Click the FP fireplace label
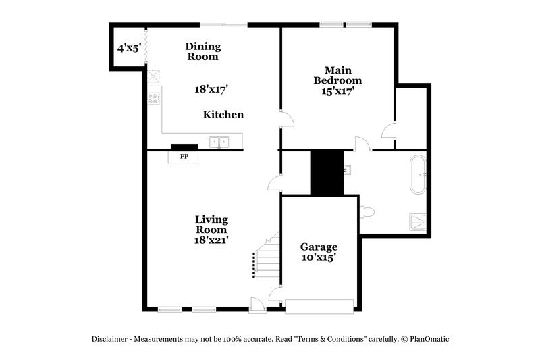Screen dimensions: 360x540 [184, 157]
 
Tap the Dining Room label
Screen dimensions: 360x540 [202, 51]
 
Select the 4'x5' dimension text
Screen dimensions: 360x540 [128, 48]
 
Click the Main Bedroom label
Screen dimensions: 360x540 [338, 80]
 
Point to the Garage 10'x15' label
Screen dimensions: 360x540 [319, 252]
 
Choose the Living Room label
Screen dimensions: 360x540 [211, 229]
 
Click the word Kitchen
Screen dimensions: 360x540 [223, 115]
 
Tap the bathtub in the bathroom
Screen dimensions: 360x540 [418, 174]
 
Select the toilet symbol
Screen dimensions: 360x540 [367, 211]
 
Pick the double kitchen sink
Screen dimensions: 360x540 [218, 142]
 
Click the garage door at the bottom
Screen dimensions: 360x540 [319, 306]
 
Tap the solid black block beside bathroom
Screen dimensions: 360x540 [327, 172]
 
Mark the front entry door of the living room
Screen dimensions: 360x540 [257, 305]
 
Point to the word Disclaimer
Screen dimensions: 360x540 [113, 339]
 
